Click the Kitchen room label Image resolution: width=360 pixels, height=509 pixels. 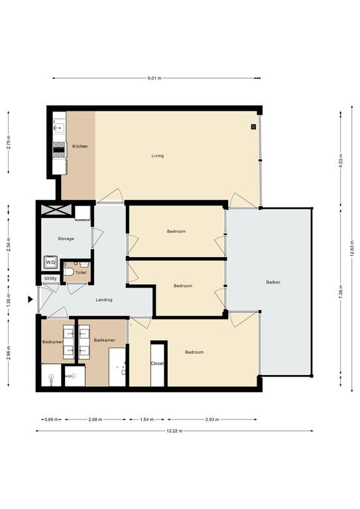(80, 146)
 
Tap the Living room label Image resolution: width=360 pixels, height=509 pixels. (157, 156)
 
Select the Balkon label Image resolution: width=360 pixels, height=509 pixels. (273, 282)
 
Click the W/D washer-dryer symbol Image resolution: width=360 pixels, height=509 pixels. (50, 262)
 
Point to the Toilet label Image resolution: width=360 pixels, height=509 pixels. (81, 272)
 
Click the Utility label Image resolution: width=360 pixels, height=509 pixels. (50, 278)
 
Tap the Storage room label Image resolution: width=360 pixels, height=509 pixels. (66, 239)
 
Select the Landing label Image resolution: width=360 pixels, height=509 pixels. (104, 300)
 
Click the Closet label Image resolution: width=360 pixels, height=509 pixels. (157, 364)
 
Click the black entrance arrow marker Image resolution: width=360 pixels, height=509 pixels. (30, 300)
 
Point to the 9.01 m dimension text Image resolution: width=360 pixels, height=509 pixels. (154, 78)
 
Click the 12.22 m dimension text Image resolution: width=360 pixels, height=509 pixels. (174, 431)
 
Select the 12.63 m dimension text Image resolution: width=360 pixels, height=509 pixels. (352, 249)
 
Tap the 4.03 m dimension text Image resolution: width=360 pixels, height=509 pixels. (341, 161)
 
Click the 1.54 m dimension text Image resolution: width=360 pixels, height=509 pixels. (147, 420)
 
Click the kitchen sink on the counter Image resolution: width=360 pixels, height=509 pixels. (59, 128)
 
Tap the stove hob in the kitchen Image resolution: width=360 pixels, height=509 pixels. (59, 150)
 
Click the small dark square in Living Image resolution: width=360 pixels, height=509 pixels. (253, 127)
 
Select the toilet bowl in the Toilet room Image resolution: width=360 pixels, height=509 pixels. (68, 271)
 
